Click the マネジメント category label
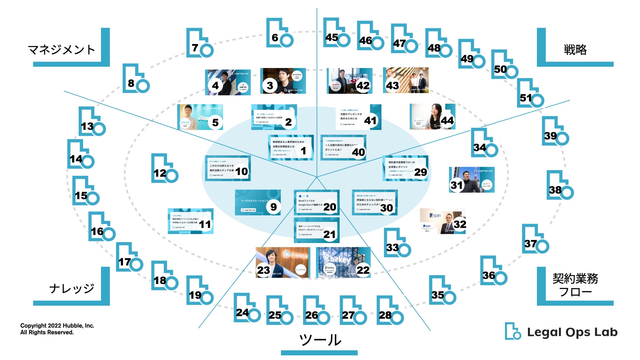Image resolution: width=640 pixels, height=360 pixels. tap(62, 50)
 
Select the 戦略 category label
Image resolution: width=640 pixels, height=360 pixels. tap(575, 50)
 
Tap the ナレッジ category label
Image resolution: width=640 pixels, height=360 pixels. tap(72, 288)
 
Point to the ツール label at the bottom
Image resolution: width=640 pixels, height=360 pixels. tap(320, 340)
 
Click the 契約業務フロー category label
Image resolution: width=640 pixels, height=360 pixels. tap(575, 285)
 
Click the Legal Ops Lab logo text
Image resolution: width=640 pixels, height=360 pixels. tap(572, 332)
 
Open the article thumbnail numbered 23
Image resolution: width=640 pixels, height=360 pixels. tap(282, 262)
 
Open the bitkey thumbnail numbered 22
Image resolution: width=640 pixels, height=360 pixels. tap(343, 262)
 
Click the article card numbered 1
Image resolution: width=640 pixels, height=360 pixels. tap(291, 147)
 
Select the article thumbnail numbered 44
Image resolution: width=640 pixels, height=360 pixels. tap(432, 116)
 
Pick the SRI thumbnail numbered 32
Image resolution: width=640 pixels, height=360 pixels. tap(442, 221)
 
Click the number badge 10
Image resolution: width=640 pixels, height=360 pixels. tap(242, 171)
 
